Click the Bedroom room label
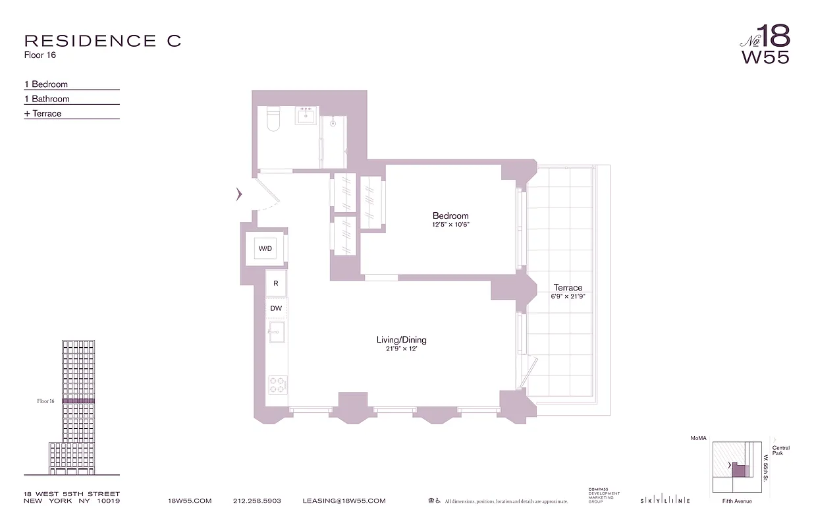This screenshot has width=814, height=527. coord(450,216)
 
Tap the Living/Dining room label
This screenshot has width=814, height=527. coord(401,340)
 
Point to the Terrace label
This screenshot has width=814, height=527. coord(568,288)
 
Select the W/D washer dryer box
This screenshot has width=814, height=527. coord(265,249)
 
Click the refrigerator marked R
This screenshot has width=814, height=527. coord(276,284)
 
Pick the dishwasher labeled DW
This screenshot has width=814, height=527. coord(276,308)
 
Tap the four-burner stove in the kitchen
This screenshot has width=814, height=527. coord(277,384)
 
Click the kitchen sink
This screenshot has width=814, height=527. coord(276,332)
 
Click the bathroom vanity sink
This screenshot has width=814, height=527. coord(306,117)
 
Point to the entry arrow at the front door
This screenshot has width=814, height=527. coord(239,194)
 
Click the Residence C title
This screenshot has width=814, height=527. coord(102,41)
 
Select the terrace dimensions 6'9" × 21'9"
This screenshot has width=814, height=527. coord(568,296)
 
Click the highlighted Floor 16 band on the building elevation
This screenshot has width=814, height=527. coord(78,401)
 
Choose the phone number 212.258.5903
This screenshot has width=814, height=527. coord(257,501)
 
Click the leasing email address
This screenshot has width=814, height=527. coord(344,501)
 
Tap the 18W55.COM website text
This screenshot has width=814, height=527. coord(190,501)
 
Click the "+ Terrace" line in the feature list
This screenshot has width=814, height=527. coord(43,113)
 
